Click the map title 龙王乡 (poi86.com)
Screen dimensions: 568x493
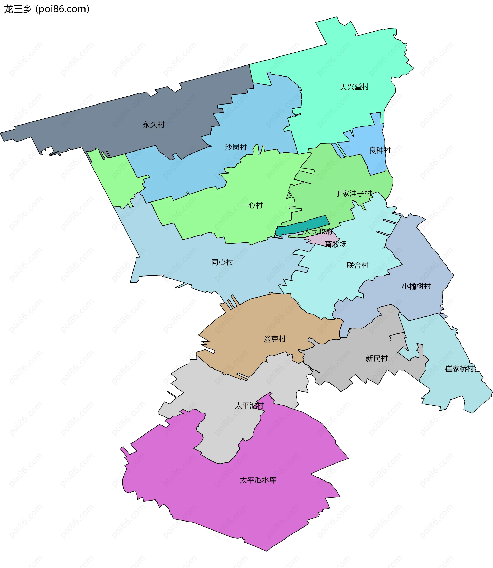46,9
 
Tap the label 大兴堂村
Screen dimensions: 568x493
354,87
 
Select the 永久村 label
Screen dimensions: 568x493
154,125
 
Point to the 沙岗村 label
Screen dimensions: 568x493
236,147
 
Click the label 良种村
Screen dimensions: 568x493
380,150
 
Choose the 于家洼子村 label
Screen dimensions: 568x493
353,194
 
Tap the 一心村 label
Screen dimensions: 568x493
252,205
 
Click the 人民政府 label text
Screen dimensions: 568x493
318,231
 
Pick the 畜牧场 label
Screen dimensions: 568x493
336,244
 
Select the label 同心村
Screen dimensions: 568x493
222,262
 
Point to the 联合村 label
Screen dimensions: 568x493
357,265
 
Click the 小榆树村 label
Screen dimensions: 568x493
416,286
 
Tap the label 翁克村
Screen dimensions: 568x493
275,339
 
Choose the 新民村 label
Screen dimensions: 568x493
377,358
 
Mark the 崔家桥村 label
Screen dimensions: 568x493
460,369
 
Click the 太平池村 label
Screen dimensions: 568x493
249,406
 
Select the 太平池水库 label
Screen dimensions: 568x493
258,480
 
